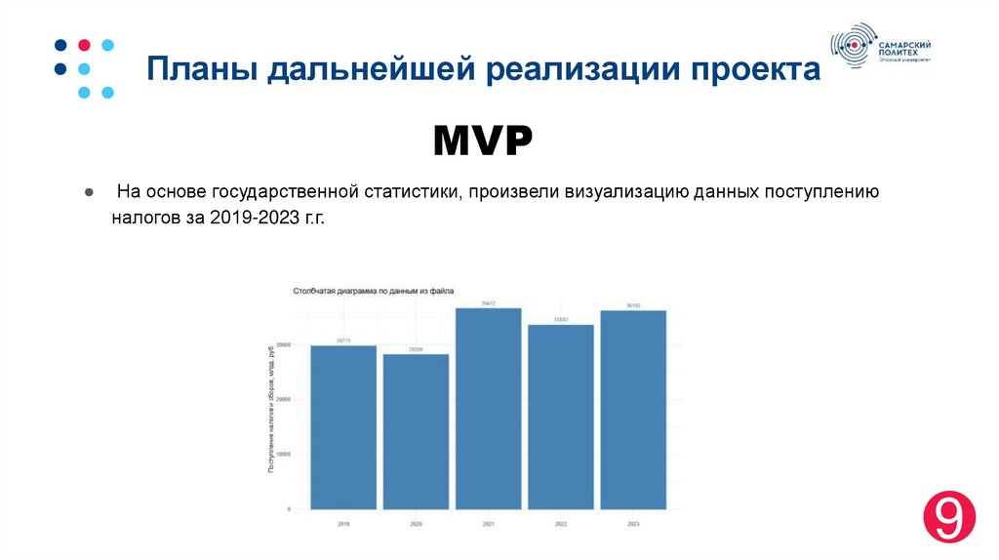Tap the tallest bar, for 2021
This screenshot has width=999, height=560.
coord(488,409)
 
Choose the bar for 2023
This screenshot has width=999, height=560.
coord(633,410)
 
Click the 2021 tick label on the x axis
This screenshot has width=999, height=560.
coord(488,524)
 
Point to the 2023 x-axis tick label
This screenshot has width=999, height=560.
coord(633,524)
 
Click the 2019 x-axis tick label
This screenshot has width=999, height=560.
coord(343,524)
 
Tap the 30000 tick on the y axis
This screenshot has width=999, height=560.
coord(284,344)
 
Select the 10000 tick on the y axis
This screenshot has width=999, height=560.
coord(284,455)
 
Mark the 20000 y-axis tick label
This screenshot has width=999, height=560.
coord(284,399)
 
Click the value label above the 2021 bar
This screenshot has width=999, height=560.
coord(488,303)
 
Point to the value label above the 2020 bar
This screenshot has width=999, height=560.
coord(416,349)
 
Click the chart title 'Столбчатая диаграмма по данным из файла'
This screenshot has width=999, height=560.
coord(373,291)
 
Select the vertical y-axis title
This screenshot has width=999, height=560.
coord(270,410)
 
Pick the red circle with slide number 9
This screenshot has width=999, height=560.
coord(949,518)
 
